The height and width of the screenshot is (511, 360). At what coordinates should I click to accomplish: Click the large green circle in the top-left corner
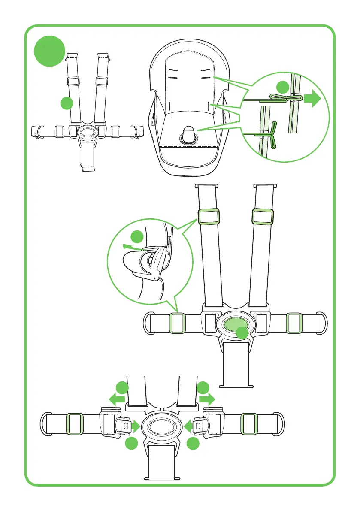[50, 51]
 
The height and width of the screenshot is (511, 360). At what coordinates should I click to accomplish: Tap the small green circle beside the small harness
[66, 103]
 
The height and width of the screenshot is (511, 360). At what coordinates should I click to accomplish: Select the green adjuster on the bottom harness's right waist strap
[249, 424]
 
